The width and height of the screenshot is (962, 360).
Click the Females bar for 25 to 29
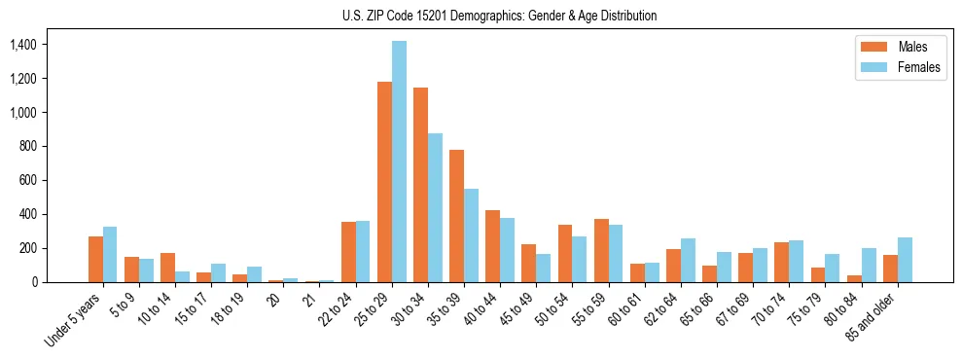(x=400, y=162)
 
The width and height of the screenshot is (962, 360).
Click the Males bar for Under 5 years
(x=96, y=259)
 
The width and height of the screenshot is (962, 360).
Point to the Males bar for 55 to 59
(x=602, y=250)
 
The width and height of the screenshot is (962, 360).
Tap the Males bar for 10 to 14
(x=168, y=268)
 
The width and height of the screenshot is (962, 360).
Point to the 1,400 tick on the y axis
(x=22, y=45)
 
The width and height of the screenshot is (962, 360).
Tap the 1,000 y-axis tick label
(x=22, y=113)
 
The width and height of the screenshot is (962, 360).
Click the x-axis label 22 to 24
(x=339, y=309)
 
